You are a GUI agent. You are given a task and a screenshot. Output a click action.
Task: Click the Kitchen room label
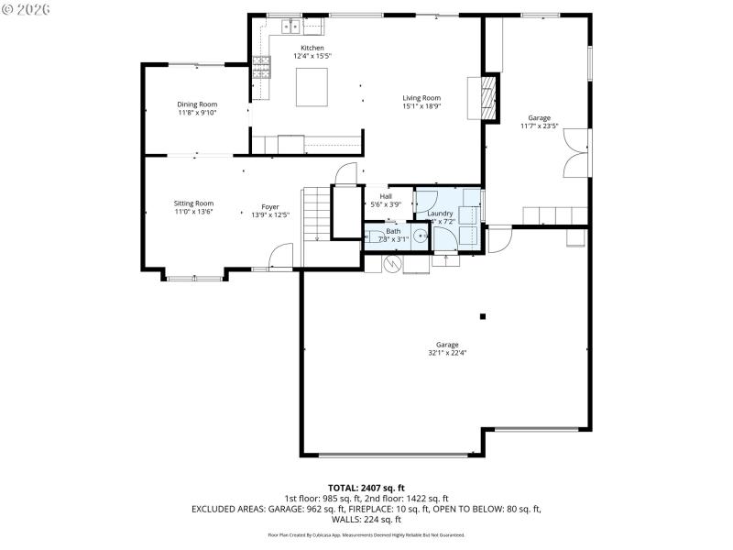pyautogui.click(x=312, y=48)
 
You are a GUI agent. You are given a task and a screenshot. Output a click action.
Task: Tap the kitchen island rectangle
pyautogui.click(x=312, y=84)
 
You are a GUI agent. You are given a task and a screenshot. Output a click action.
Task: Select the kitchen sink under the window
pyautogui.click(x=290, y=27)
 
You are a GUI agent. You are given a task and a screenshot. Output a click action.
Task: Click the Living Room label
pyautogui.click(x=421, y=98)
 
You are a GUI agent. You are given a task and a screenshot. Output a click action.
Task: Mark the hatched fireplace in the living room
pyautogui.click(x=490, y=97)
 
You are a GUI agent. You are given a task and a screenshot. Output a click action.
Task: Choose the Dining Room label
pyautogui.click(x=197, y=104)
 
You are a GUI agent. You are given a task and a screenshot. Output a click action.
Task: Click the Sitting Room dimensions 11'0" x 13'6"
pyautogui.click(x=193, y=211)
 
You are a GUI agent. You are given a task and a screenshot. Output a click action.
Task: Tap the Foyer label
pyautogui.click(x=270, y=207)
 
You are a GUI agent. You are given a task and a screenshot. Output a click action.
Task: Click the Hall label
pyautogui.click(x=386, y=196)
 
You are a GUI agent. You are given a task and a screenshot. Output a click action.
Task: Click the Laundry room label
pyautogui.click(x=441, y=214)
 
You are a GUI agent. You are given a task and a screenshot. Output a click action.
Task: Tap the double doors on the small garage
pyautogui.click(x=575, y=152)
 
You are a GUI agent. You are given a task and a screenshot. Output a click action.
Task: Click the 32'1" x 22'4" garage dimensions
pyautogui.click(x=447, y=352)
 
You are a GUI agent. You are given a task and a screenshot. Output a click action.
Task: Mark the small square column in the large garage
pyautogui.click(x=483, y=316)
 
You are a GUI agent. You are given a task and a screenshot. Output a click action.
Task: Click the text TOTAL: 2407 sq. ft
pyautogui.click(x=366, y=488)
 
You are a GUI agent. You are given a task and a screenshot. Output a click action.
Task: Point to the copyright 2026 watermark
pyautogui.click(x=27, y=8)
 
